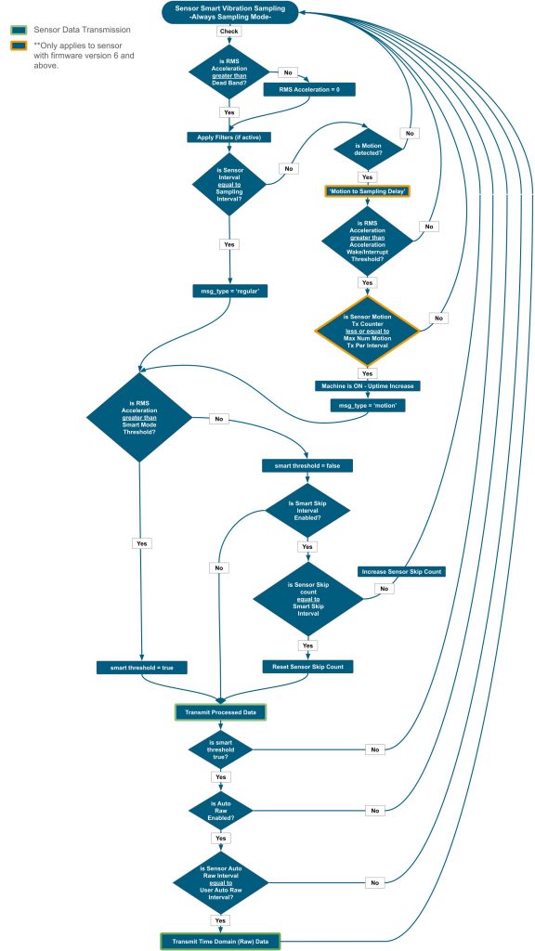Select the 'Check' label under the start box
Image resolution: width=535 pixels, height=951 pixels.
pyautogui.click(x=228, y=31)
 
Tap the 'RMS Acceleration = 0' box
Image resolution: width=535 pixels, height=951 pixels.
pyautogui.click(x=308, y=89)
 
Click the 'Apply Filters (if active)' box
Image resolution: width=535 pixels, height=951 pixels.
pyautogui.click(x=228, y=137)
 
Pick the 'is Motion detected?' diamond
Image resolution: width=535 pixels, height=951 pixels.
pyautogui.click(x=368, y=149)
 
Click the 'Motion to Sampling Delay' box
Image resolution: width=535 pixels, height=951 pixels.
pyautogui.click(x=368, y=191)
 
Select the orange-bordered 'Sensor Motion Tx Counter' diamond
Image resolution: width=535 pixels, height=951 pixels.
pyautogui.click(x=368, y=331)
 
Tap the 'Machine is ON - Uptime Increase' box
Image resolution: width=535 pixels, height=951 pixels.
pyautogui.click(x=368, y=385)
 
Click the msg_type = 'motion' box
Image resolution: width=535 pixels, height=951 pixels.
pyautogui.click(x=368, y=405)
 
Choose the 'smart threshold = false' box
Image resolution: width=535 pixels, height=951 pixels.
pyautogui.click(x=307, y=466)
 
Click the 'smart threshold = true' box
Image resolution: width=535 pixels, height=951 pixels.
pyautogui.click(x=141, y=667)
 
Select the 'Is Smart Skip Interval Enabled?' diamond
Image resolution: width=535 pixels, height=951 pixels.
pyautogui.click(x=308, y=510)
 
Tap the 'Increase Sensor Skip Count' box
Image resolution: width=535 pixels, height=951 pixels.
pyautogui.click(x=402, y=571)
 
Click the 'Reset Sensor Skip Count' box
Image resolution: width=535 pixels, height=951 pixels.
pyautogui.click(x=307, y=667)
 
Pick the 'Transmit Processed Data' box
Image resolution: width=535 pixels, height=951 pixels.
pyautogui.click(x=221, y=712)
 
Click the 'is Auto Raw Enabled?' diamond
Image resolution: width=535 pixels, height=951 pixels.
pyautogui.click(x=221, y=810)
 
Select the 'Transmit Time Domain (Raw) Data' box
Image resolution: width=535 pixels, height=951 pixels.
pyautogui.click(x=221, y=942)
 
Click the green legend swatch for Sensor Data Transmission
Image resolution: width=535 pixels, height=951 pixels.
pyautogui.click(x=19, y=29)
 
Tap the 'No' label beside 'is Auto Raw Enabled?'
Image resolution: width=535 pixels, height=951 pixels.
pyautogui.click(x=374, y=810)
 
